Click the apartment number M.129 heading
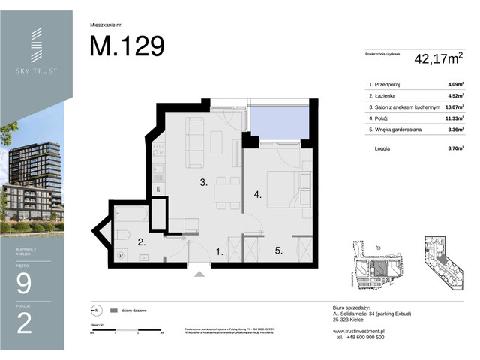[127, 46]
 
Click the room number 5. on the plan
[278, 251]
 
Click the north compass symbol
[94, 310]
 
